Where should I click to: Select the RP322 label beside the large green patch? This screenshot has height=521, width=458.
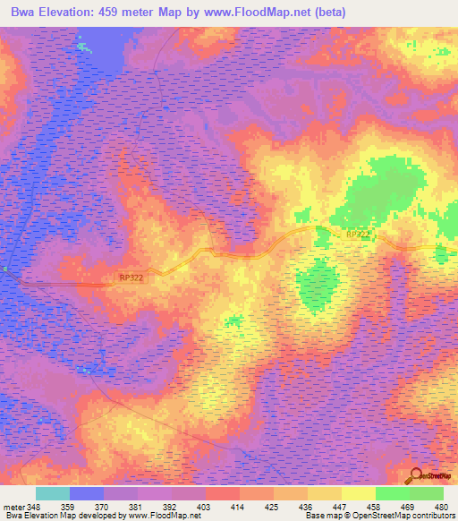click(357, 235)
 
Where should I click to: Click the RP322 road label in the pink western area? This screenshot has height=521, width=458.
click(131, 278)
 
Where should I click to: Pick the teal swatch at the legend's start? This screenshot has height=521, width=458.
click(53, 493)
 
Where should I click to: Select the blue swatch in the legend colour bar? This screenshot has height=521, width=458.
click(87, 493)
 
